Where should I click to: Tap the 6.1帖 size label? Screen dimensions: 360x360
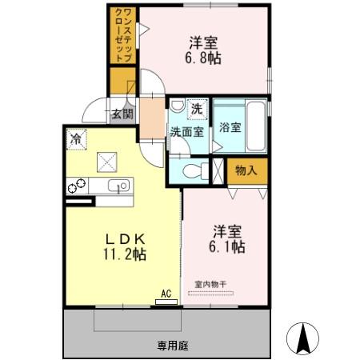(x=228, y=247)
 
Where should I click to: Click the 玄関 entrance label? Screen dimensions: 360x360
(x=122, y=114)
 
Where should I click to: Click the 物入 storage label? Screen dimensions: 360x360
(x=246, y=170)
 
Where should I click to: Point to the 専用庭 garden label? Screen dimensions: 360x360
(x=172, y=346)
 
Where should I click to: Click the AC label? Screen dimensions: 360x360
(x=166, y=294)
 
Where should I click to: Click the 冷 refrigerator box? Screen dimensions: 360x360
(x=75, y=138)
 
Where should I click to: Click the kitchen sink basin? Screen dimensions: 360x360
(x=120, y=187)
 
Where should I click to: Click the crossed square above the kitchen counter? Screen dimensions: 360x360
(x=106, y=162)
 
